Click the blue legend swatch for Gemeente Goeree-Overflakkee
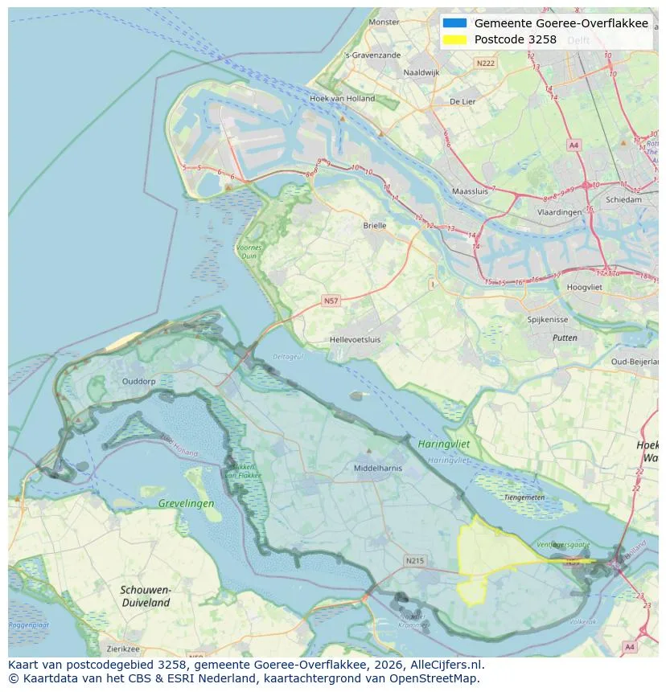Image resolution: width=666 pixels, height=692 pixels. tap(454, 23)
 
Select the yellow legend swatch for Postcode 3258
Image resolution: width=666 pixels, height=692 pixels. tap(454, 39)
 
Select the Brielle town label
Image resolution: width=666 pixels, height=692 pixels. tap(374, 226)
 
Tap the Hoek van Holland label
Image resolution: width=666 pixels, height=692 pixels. tap(342, 99)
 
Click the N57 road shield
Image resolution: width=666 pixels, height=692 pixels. tap(331, 301)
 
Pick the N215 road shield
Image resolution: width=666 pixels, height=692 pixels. tap(414, 560)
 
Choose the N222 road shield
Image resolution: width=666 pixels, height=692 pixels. tap(485, 63)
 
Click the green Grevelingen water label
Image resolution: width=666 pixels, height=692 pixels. tap(187, 503)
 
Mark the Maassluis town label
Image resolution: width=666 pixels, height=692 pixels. tap(471, 192)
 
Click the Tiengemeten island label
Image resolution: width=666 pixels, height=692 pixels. tap(524, 497)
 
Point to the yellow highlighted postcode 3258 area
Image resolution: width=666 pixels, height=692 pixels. tap(491, 555)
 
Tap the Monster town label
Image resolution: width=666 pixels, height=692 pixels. tap(383, 23)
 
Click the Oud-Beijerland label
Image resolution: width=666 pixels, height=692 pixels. tap(634, 362)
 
